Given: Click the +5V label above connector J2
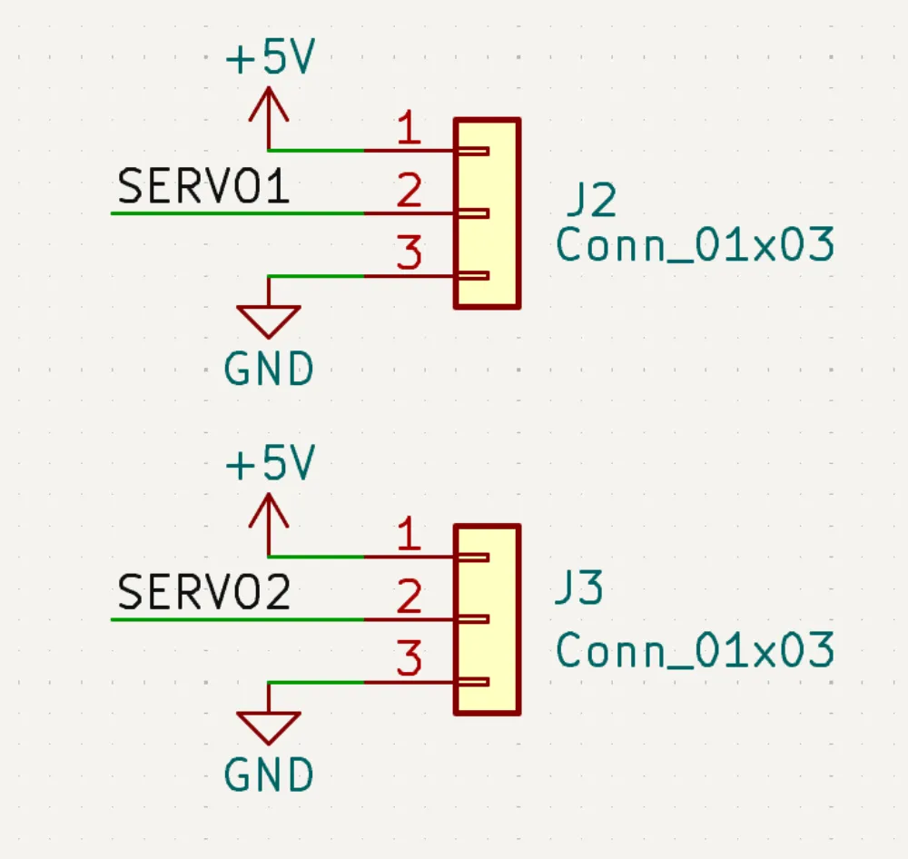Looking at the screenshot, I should [x=270, y=61].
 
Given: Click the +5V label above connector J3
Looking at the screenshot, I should [x=270, y=466].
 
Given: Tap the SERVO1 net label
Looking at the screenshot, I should [x=203, y=187].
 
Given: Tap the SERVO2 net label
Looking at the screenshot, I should [x=204, y=593].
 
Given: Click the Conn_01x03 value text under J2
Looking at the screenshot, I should [x=695, y=246].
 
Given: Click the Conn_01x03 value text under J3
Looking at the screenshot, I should [x=695, y=651].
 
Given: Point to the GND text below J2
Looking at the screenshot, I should [x=269, y=370].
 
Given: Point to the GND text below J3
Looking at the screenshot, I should [x=269, y=776].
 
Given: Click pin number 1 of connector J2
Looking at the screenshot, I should [x=410, y=130].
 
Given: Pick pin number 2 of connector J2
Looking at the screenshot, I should [x=410, y=193].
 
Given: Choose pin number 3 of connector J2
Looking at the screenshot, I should [x=410, y=254].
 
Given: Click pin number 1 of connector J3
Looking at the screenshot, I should [x=410, y=536].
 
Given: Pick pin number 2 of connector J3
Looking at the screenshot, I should [x=410, y=598].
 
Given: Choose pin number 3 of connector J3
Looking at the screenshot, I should [x=410, y=660].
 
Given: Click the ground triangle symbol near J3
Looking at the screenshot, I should [x=269, y=726].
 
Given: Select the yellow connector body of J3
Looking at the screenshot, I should [x=487, y=619].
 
